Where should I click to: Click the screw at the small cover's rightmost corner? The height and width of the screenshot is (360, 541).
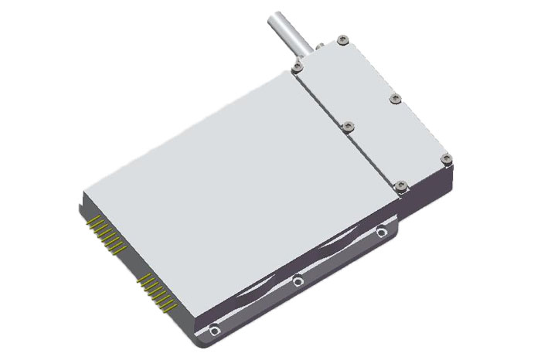pyautogui.click(x=445, y=159)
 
